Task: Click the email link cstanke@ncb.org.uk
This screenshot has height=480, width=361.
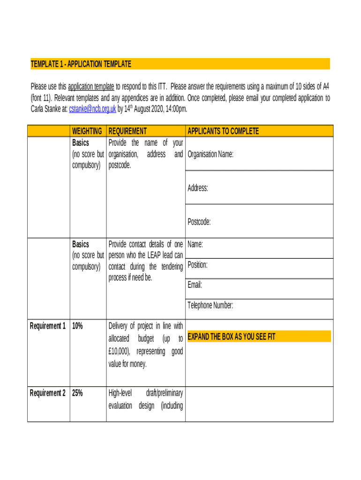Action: pos(92,109)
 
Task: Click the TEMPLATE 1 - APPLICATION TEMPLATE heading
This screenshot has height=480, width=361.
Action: pos(81,64)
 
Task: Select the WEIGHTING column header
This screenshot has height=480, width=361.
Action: pos(87,131)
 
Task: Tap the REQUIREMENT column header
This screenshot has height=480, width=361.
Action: pos(128,131)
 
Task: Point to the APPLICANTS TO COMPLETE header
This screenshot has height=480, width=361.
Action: pos(223,131)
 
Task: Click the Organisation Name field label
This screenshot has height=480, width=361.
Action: pos(210,154)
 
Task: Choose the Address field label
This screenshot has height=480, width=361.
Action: pos(198,188)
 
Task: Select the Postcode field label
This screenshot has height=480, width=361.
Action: pos(199,222)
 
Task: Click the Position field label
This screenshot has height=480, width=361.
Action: pos(197,265)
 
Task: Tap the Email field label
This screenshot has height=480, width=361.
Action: pos(195,285)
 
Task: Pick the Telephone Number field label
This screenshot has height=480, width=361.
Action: pos(210,306)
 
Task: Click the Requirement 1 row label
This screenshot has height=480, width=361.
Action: pos(48,326)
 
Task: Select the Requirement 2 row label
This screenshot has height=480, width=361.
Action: pos(48,393)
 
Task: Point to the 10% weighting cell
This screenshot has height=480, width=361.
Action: pos(77,326)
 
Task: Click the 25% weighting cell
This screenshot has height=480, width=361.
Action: pos(77,393)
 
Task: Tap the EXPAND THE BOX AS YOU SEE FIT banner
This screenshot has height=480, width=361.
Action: pos(231,337)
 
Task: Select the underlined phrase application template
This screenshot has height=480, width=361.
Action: pos(91,86)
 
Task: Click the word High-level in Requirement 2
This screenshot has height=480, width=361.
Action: pos(120,393)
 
